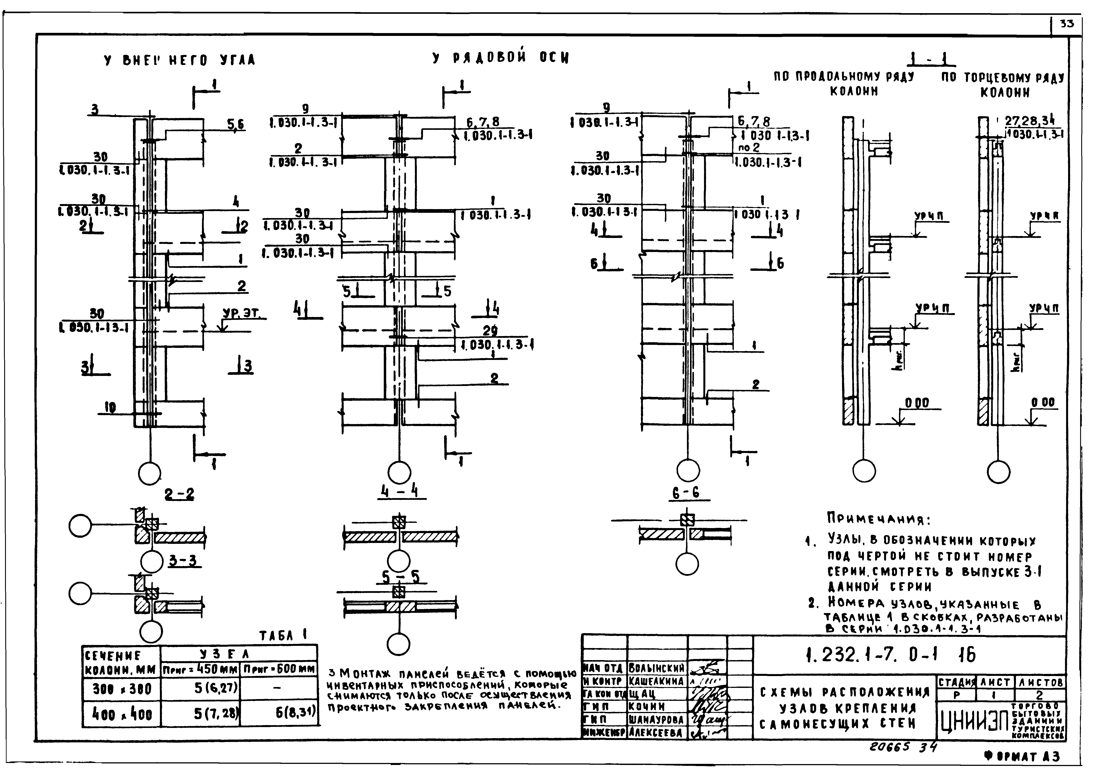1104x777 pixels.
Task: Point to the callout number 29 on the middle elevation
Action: coord(490,331)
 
